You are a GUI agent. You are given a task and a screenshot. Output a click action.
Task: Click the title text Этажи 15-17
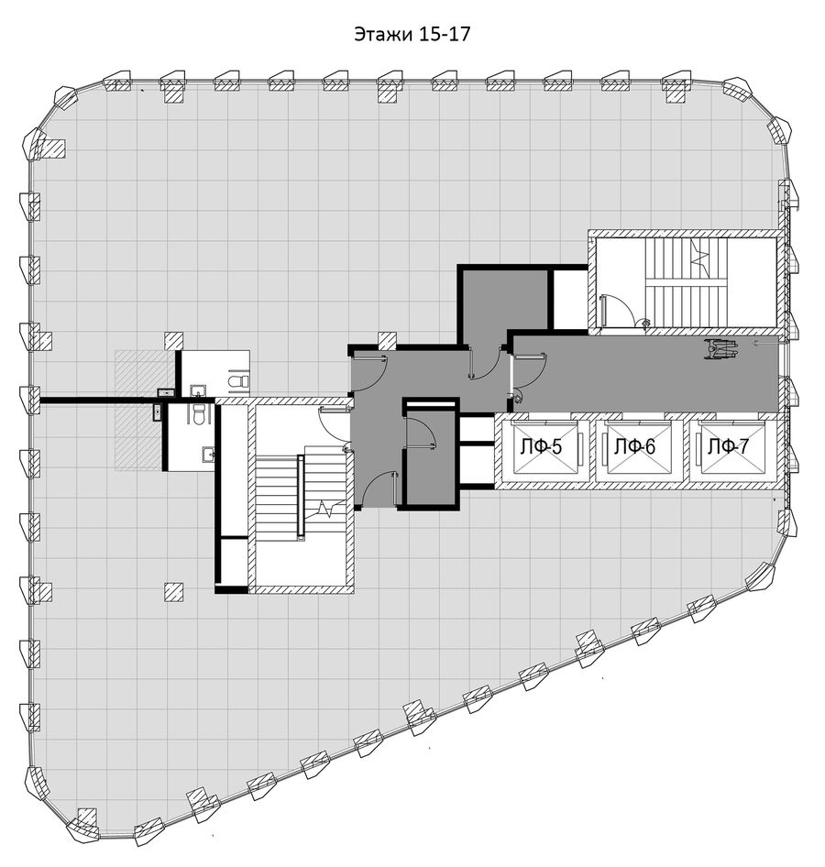[x=412, y=35]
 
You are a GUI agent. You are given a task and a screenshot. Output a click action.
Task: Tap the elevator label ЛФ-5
[x=541, y=446]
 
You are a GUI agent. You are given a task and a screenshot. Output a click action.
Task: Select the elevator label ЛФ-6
[x=634, y=446]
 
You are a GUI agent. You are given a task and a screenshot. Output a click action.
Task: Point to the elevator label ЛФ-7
[x=728, y=446]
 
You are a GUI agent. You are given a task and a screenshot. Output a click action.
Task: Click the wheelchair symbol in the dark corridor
[x=720, y=349]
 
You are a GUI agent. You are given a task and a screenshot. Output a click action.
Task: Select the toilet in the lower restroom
[x=200, y=412]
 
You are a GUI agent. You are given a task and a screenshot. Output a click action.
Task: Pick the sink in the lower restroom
[x=208, y=454]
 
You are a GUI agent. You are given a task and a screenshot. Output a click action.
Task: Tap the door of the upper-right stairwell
[x=618, y=311]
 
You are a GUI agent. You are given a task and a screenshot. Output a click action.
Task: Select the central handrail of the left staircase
[x=301, y=496]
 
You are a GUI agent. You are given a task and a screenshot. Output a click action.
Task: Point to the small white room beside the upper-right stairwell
[x=569, y=299]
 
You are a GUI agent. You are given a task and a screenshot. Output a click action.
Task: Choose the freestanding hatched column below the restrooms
[x=173, y=591]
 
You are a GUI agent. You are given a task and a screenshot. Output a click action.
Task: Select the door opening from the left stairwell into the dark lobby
[x=334, y=425]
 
